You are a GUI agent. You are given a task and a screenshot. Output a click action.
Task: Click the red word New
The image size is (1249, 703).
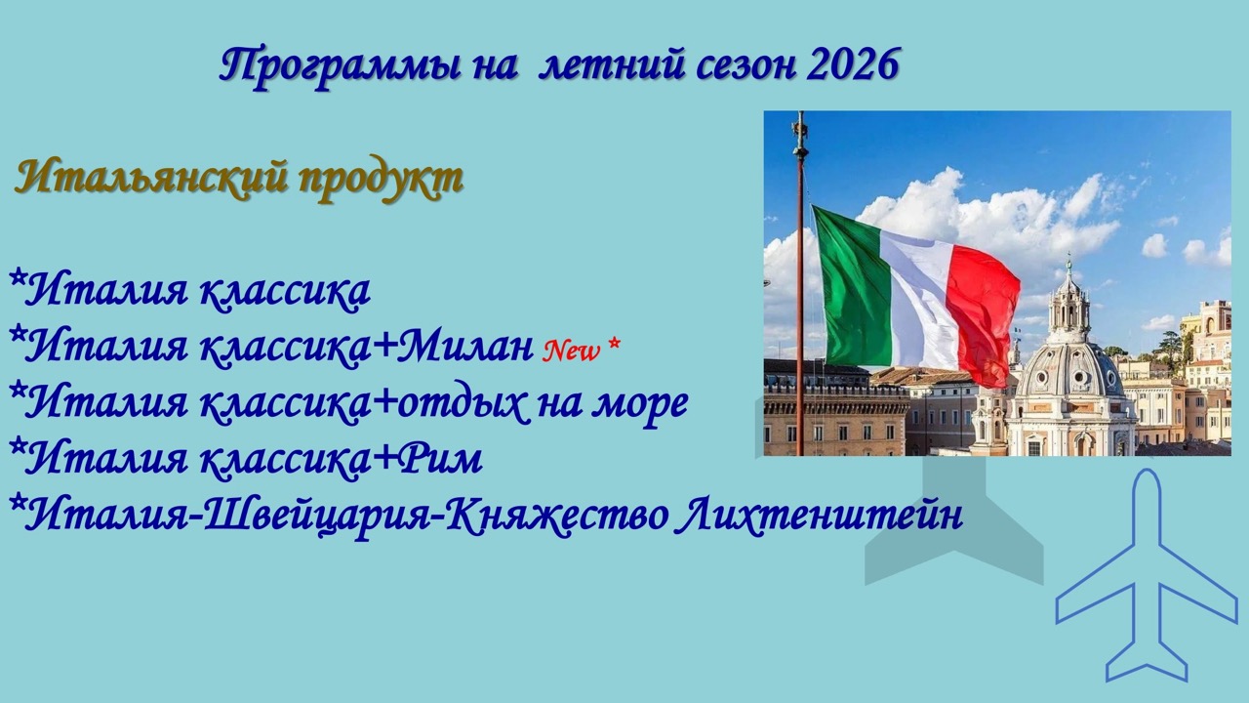coord(571,351)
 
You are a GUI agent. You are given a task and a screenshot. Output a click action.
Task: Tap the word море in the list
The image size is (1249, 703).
coord(639,402)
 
